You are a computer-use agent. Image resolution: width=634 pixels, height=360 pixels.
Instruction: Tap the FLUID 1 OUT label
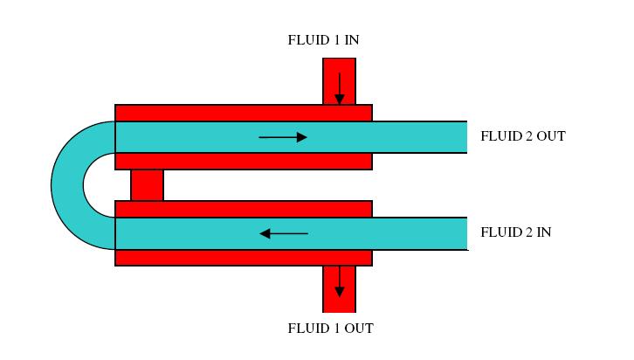330,329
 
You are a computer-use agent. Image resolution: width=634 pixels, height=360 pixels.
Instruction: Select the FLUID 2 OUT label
523,136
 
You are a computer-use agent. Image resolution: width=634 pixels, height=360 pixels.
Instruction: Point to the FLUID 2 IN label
515,233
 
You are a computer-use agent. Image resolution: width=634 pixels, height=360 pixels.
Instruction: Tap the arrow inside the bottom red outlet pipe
339,281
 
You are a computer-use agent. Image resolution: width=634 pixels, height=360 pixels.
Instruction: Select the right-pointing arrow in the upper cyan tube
284,137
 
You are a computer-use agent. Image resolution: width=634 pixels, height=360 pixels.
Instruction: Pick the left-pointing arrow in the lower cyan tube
284,233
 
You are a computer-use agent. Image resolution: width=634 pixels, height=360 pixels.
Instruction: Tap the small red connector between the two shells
147,185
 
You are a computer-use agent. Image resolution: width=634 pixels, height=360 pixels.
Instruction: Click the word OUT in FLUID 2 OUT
550,136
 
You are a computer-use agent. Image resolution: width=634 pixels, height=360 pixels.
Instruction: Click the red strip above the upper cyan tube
244,113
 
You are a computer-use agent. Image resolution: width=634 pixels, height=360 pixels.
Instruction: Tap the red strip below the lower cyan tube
244,258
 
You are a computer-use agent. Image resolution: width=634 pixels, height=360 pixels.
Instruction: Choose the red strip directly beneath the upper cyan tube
244,162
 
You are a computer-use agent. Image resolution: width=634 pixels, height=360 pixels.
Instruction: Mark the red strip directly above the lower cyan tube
244,209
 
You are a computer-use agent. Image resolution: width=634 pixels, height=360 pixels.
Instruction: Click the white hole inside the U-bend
99,185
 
